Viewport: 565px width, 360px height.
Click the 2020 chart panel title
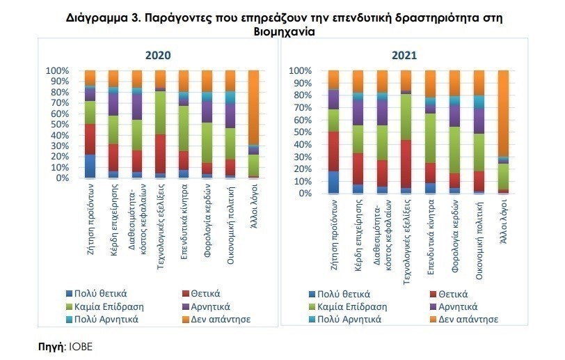(158, 56)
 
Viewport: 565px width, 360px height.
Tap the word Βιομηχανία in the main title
(282, 32)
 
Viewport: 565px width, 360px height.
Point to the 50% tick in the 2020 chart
(58, 124)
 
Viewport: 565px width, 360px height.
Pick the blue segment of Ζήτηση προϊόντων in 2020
(90, 166)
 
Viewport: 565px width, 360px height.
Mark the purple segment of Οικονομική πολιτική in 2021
(478, 120)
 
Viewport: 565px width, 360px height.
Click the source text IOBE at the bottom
(80, 346)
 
